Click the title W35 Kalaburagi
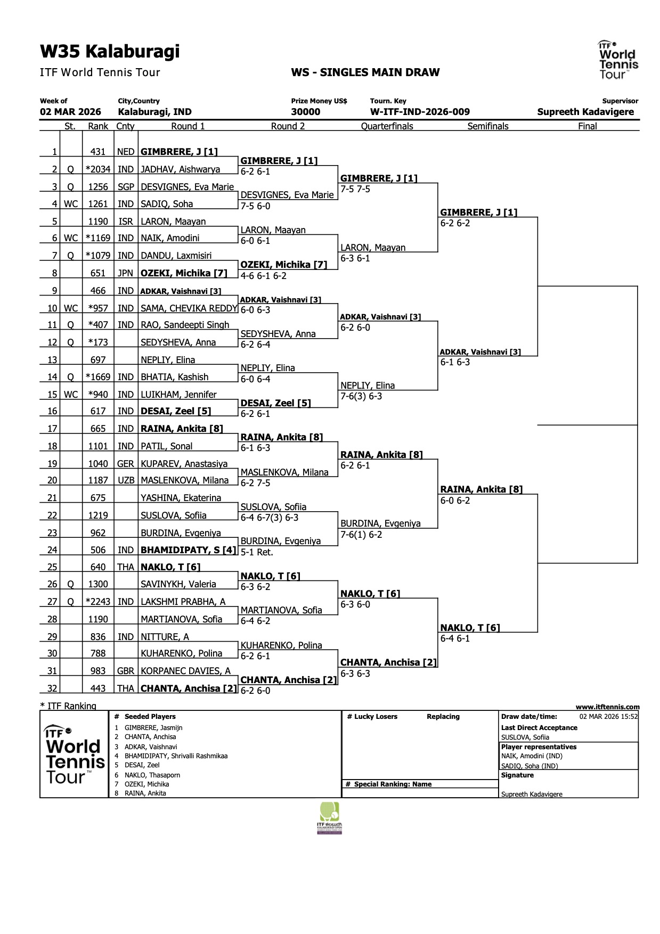[x=110, y=52]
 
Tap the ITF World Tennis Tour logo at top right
[x=618, y=60]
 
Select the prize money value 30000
[x=306, y=112]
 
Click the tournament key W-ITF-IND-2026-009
[x=420, y=112]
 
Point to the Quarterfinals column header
[x=387, y=126]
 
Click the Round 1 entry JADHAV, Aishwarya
[x=180, y=169]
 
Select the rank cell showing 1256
[x=98, y=187]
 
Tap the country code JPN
[x=125, y=273]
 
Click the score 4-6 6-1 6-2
[x=264, y=276]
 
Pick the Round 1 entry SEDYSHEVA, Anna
[x=178, y=342]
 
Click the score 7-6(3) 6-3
[x=361, y=396]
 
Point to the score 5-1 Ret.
[x=257, y=552]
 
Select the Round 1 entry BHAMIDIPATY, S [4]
[x=188, y=550]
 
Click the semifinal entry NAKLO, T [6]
[x=470, y=628]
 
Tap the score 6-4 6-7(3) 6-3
[x=270, y=518]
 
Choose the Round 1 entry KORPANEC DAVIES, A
[x=185, y=671]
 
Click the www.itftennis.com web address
[x=607, y=707]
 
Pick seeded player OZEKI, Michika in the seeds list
[x=146, y=784]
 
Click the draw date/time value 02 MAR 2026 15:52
[x=608, y=717]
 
